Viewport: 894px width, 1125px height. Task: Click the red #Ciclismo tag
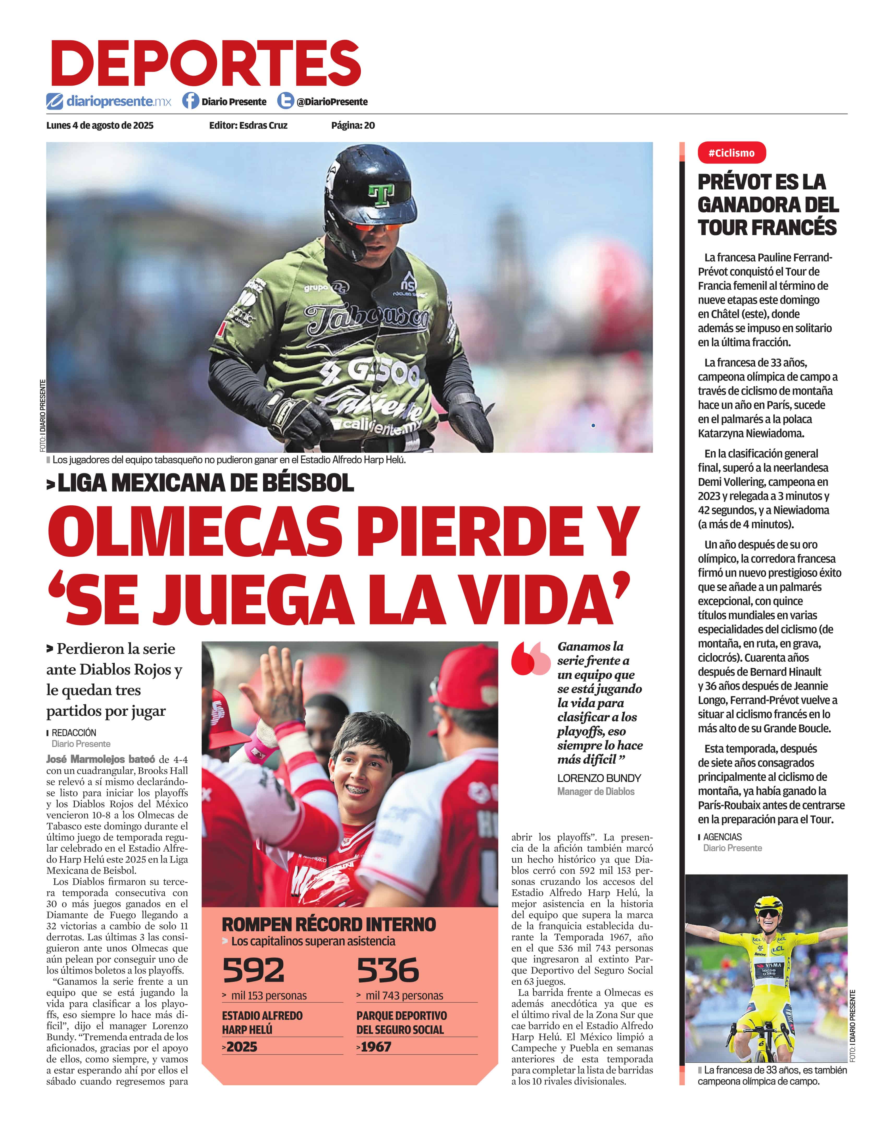coord(731,153)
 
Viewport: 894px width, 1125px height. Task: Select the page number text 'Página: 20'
coord(353,125)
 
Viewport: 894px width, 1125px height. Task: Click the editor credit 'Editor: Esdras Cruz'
coord(248,125)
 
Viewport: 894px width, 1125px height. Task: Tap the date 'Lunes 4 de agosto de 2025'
coord(100,125)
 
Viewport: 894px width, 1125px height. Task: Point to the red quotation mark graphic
coord(530,659)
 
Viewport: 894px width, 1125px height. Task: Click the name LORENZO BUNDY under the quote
coord(599,778)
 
